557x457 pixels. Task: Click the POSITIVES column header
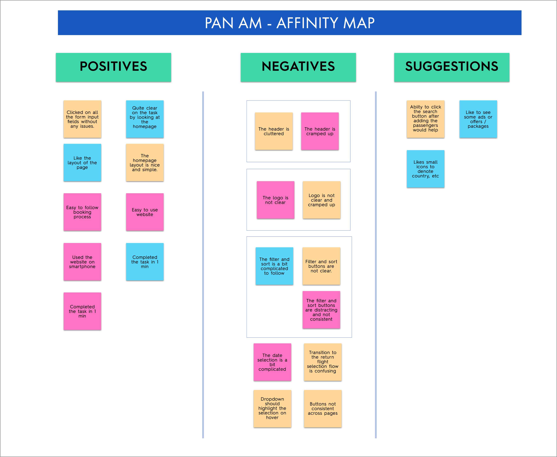[113, 67]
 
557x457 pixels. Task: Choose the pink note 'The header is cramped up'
[320, 131]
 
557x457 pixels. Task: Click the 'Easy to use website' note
[145, 212]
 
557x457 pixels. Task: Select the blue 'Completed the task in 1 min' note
[145, 262]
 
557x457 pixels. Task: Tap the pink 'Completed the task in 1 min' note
[82, 311]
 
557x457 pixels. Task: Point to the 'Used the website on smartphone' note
[82, 262]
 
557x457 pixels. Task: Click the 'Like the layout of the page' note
[82, 162]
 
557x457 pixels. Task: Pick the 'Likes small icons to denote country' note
[425, 169]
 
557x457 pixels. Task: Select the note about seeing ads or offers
[478, 119]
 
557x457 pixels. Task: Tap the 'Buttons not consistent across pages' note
[322, 408]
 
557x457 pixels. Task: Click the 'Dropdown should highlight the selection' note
[272, 408]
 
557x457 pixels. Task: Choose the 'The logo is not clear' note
[275, 200]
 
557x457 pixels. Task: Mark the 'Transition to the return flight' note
[322, 362]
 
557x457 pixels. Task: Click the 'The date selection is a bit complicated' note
[272, 362]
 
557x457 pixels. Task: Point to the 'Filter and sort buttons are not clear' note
[321, 266]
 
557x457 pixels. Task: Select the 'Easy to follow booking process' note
[82, 212]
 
